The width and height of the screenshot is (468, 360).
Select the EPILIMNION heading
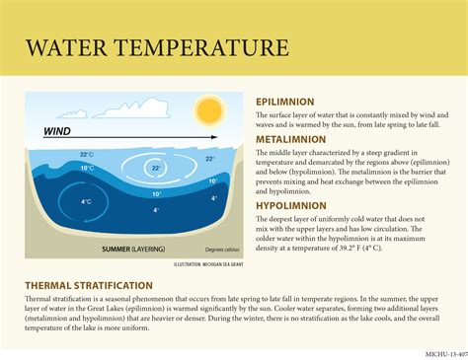pyautogui.click(x=285, y=102)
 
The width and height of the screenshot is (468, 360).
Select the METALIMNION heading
pyautogui.click(x=290, y=140)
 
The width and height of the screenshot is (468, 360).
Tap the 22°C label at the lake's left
pyautogui.click(x=87, y=155)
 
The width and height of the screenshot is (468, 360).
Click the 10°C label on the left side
pyautogui.click(x=87, y=168)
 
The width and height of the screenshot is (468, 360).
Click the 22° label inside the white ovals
pyautogui.click(x=156, y=169)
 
